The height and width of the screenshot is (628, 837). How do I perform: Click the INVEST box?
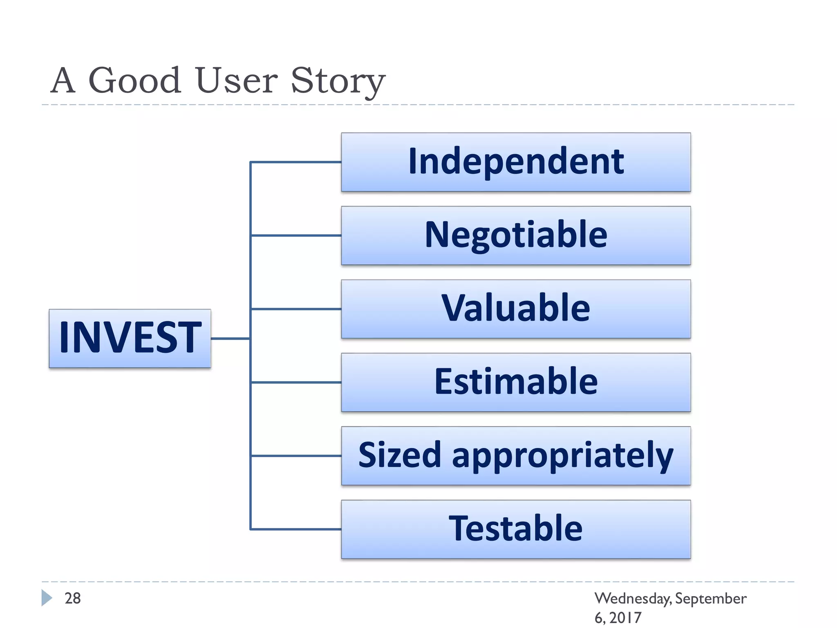click(x=130, y=339)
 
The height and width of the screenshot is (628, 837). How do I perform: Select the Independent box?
click(x=516, y=162)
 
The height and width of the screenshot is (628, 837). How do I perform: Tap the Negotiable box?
click(x=516, y=235)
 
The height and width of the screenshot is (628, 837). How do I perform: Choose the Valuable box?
click(x=516, y=309)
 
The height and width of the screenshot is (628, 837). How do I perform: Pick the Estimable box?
click(x=516, y=382)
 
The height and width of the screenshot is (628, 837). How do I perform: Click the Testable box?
click(x=516, y=529)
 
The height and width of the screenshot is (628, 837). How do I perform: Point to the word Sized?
click(x=399, y=455)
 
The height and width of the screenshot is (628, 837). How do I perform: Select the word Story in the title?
click(x=338, y=81)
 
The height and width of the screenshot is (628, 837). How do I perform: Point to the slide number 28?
click(x=73, y=598)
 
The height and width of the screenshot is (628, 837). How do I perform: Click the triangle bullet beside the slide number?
click(x=47, y=598)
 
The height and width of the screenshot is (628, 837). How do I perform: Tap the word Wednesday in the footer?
click(x=633, y=599)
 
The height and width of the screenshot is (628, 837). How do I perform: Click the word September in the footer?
click(x=710, y=599)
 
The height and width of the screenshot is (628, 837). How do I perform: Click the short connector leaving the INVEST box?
click(x=230, y=339)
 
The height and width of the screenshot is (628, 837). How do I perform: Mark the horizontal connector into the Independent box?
click(x=296, y=162)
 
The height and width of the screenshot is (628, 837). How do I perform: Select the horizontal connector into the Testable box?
click(x=296, y=529)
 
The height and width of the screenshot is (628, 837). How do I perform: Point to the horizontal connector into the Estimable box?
click(x=296, y=382)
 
